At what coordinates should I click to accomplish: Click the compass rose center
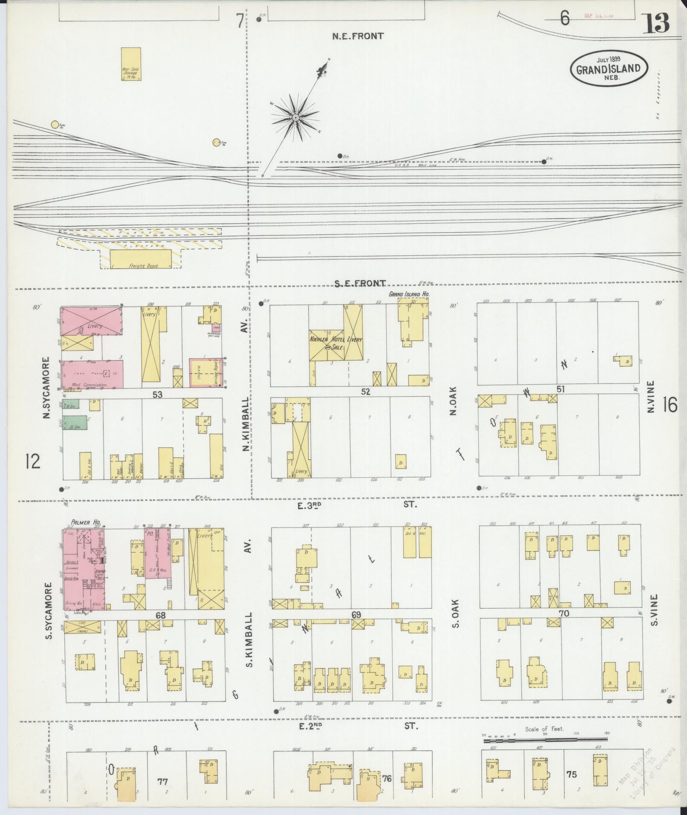tap(295, 117)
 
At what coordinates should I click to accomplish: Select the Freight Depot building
tap(141, 259)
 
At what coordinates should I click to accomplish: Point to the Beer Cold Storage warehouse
tap(131, 64)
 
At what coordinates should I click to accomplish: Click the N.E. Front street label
tap(358, 36)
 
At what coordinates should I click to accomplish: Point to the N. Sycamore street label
tap(46, 387)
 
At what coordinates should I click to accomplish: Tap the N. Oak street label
tap(453, 400)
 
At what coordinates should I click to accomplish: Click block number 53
tap(158, 395)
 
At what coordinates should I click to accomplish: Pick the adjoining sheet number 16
tap(670, 404)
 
